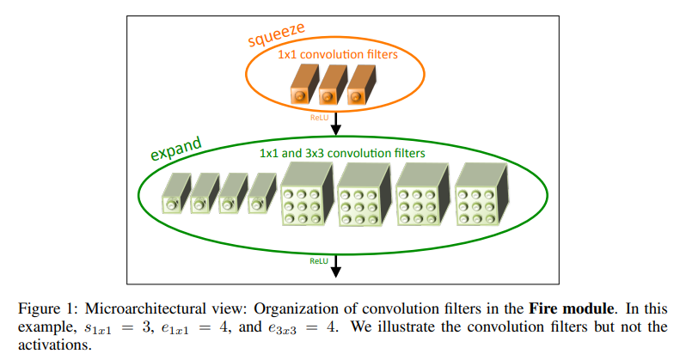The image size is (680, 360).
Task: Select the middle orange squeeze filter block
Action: coord(333,88)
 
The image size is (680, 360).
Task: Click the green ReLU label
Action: coord(320,259)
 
